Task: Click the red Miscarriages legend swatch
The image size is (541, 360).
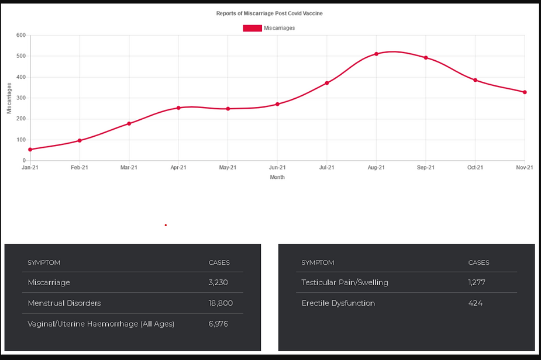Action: [252, 28]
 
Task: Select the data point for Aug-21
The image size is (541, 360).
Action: [377, 54]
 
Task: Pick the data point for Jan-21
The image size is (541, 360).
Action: [30, 150]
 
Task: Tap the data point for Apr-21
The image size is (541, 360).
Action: [178, 108]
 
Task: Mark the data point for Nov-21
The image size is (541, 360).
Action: [525, 92]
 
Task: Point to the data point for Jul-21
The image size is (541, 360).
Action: [327, 83]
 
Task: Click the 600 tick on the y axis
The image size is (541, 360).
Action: [21, 36]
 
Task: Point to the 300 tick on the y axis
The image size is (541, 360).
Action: [21, 98]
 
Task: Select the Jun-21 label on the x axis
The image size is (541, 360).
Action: [277, 168]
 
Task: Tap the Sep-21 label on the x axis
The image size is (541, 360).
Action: [426, 168]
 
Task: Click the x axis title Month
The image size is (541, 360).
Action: [277, 177]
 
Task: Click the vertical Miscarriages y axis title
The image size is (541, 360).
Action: [9, 98]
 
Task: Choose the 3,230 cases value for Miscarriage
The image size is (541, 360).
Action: [218, 283]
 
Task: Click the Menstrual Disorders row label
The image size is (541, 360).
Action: [64, 303]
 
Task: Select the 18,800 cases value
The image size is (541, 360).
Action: [220, 303]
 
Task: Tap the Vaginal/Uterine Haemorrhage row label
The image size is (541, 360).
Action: [101, 324]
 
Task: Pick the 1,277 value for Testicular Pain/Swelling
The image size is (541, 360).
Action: [477, 283]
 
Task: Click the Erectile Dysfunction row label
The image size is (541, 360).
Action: [338, 303]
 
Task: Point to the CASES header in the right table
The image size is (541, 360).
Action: [478, 263]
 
